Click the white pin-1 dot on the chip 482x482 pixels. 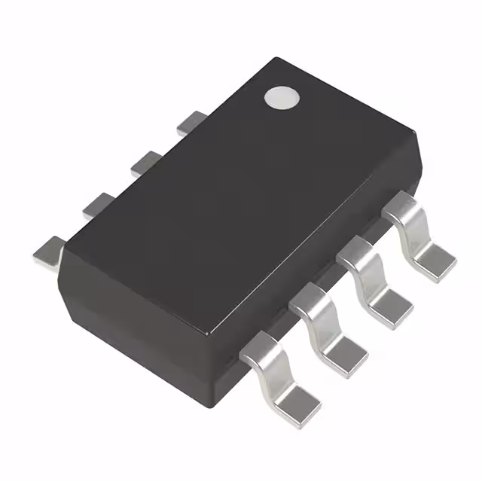(x=281, y=97)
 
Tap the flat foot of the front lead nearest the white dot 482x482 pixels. (x=436, y=260)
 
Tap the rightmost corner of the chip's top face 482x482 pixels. (x=416, y=136)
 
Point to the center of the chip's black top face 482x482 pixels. (x=241, y=192)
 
